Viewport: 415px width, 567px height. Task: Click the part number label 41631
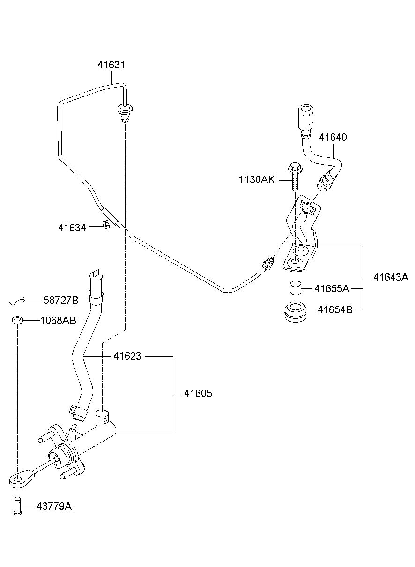point(111,65)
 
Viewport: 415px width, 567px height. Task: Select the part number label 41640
point(333,138)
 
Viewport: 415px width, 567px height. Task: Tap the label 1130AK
point(257,180)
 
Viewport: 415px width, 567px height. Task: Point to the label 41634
point(72,228)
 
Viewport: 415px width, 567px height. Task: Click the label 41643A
point(391,278)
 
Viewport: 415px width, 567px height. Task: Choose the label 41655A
point(332,288)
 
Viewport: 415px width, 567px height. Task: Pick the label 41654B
point(335,309)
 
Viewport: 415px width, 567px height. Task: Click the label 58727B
point(61,301)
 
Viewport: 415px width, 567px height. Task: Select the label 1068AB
point(58,321)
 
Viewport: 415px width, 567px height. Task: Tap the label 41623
point(127,356)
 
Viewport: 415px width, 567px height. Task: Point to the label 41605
point(198,394)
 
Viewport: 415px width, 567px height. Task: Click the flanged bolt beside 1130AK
point(295,177)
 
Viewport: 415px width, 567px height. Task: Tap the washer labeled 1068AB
point(17,320)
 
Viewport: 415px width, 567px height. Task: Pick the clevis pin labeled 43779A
point(17,506)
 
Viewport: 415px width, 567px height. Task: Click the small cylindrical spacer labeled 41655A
point(295,288)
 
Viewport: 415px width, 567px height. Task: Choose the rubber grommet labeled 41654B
point(295,312)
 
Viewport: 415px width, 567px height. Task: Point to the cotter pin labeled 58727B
point(18,301)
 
